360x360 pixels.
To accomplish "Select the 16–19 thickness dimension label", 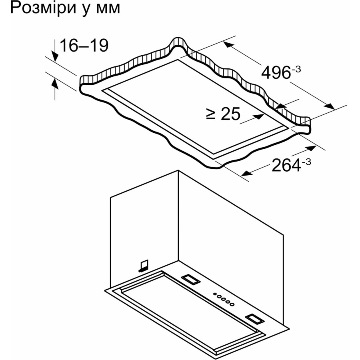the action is point(84,46).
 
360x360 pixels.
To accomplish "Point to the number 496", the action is point(276,72).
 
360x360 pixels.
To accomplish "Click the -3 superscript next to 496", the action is point(296,69).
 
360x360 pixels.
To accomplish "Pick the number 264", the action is point(286,165).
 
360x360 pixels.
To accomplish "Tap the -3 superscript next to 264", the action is point(306,162).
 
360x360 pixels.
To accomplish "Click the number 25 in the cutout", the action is point(230,114).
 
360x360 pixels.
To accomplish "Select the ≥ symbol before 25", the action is point(211,114).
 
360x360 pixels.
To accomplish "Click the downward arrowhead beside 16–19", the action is point(55,56).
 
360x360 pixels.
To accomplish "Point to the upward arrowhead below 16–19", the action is point(55,83).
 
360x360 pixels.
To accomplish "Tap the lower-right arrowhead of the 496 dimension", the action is point(329,106).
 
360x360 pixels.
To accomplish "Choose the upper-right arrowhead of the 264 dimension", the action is point(311,148).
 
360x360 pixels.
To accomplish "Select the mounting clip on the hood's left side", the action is point(143,266).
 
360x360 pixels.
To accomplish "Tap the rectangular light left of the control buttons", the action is point(190,280).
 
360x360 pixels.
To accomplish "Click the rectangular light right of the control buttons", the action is point(254,319).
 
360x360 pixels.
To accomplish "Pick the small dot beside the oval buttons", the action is point(215,294).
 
